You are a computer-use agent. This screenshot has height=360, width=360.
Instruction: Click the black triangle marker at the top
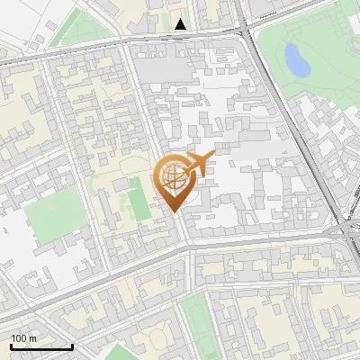tap(182, 24)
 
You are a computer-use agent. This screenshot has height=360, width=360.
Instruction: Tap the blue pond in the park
tap(295, 59)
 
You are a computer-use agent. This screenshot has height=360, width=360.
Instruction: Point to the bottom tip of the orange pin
tap(174, 212)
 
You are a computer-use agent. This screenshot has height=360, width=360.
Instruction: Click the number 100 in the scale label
tap(19, 338)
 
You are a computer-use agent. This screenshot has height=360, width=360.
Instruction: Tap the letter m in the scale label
tap(33, 338)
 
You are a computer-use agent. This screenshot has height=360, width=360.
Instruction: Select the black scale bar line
tap(40, 346)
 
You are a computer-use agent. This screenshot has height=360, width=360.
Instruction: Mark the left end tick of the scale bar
tap(11, 346)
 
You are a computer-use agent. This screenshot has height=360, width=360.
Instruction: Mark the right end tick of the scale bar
tap(72, 346)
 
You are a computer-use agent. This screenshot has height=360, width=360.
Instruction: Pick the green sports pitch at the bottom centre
tap(196, 319)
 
